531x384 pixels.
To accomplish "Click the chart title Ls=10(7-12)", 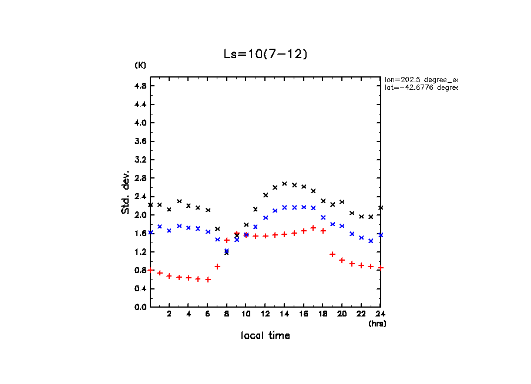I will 265,53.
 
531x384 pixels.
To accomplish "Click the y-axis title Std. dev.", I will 126,192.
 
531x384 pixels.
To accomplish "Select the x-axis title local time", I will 265,336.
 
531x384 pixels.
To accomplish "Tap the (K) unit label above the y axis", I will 140,65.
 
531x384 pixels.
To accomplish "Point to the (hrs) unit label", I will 377,324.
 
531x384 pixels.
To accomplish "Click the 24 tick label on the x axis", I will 380,314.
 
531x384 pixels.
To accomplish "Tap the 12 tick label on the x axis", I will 265,314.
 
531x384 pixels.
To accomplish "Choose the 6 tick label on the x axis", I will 207,314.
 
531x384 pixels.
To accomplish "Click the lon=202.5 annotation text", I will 421,79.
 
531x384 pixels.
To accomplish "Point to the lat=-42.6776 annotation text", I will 421,87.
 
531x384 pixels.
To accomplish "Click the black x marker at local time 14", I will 284,184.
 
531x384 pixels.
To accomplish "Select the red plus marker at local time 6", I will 208,279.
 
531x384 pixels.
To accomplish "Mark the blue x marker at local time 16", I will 304,207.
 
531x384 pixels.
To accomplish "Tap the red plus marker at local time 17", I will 313,228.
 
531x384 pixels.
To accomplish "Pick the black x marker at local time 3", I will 179,201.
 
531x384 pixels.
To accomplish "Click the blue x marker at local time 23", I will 371,241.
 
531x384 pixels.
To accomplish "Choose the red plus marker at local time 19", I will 332,254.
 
